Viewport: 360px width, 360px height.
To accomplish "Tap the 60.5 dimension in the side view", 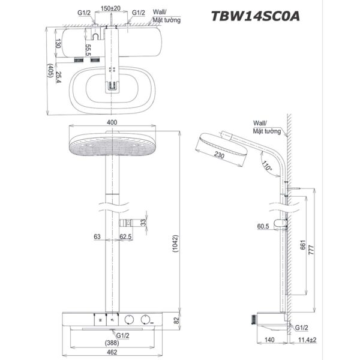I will [262, 227].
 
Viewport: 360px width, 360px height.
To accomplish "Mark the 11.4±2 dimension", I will [307, 339].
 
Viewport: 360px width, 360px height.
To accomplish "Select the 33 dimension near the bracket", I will [143, 223].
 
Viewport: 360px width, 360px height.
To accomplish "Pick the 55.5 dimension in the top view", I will [88, 50].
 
